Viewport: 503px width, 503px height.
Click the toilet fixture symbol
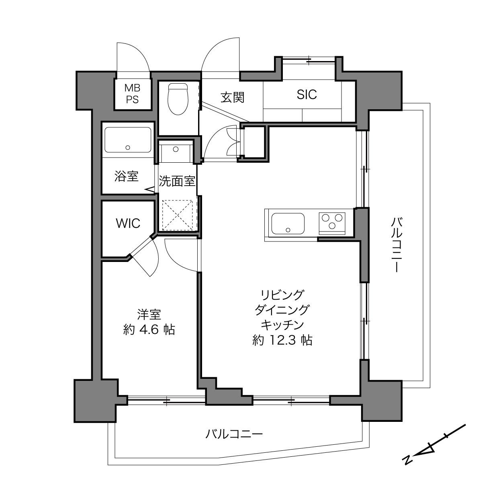click(x=178, y=99)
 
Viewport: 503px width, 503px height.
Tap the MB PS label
click(x=132, y=94)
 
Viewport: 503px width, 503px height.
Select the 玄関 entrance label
click(x=232, y=97)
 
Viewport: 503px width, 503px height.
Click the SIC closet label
click(x=307, y=94)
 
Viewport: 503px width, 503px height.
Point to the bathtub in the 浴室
click(x=128, y=140)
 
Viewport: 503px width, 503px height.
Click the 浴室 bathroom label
click(x=126, y=176)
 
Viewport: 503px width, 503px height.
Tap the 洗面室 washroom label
click(x=177, y=181)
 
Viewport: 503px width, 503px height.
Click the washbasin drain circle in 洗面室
click(x=176, y=149)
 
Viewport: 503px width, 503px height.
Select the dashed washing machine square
click(x=177, y=215)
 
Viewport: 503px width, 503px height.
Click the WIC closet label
click(x=128, y=223)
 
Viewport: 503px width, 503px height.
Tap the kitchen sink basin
click(x=288, y=224)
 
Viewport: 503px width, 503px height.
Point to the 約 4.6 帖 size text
click(x=149, y=330)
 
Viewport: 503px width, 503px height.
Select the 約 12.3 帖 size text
click(x=282, y=340)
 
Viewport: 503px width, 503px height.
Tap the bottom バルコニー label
click(x=234, y=434)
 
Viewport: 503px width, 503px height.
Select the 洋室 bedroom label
click(x=149, y=315)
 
